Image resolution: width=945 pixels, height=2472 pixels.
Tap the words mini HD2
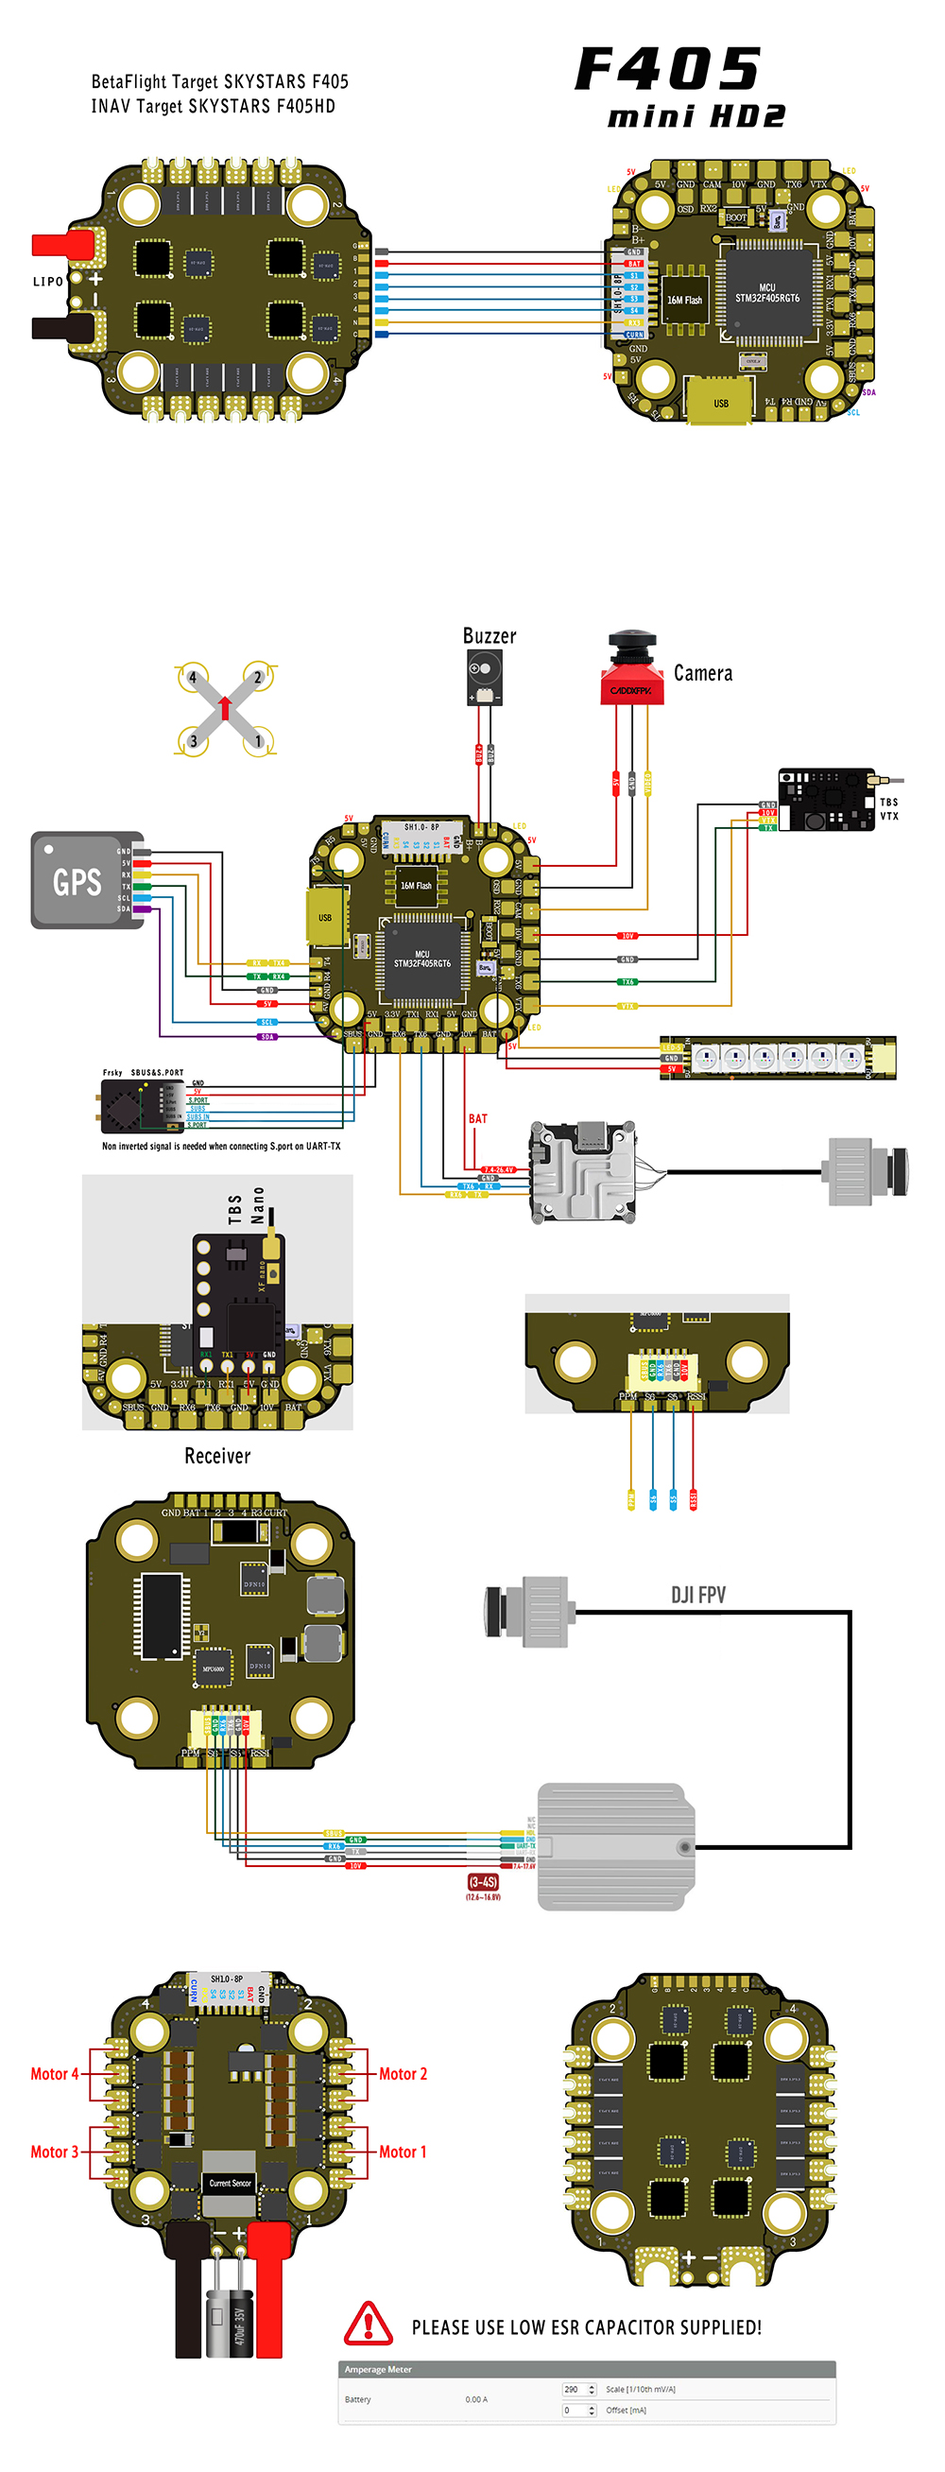[x=696, y=117]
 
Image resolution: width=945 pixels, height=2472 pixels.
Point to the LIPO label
[x=48, y=281]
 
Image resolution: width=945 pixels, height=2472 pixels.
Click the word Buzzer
[x=489, y=635]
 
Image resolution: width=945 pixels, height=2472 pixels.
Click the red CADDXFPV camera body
[x=630, y=688]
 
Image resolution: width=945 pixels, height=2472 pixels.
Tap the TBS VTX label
[x=888, y=809]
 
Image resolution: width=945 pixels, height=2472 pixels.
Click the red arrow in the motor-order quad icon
[x=225, y=707]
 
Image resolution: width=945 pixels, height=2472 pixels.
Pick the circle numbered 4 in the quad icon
[x=193, y=678]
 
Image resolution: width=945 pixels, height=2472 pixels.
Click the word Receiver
[x=216, y=1456]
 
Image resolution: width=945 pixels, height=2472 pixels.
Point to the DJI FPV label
[x=697, y=1594]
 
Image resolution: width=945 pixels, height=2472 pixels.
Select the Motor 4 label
[x=54, y=2074]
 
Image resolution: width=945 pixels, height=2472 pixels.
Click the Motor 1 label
[x=402, y=2152]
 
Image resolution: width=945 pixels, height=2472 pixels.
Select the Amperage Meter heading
[x=378, y=2368]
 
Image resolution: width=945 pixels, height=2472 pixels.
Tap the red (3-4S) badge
[x=483, y=1882]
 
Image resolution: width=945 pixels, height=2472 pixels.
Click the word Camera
[x=702, y=673]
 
